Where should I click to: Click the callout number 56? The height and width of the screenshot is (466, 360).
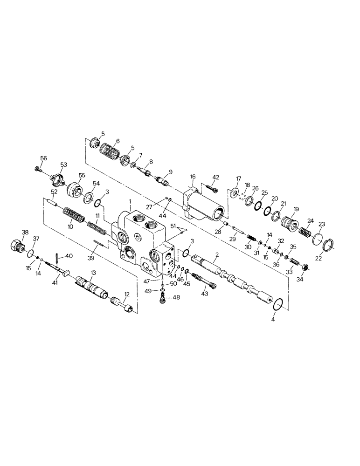click(43, 159)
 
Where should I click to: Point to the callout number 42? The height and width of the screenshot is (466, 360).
click(215, 177)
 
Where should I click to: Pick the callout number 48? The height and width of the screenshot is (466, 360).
click(176, 297)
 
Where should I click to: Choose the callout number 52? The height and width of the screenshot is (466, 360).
click(54, 192)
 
